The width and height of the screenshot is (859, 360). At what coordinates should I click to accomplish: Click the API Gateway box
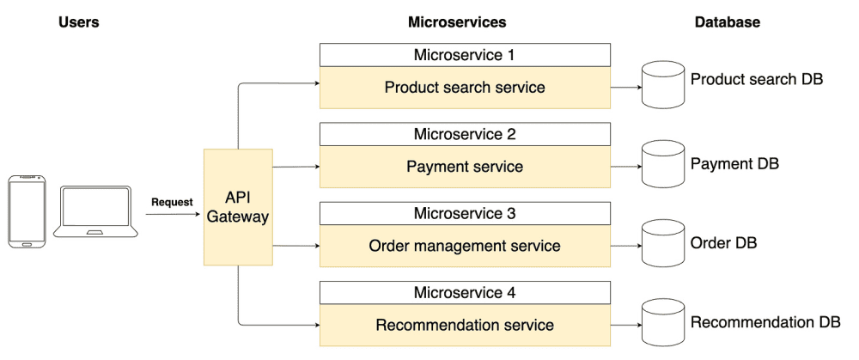point(238,207)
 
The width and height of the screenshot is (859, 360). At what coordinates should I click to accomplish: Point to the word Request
point(172,202)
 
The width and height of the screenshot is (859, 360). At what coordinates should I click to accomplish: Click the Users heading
point(79,22)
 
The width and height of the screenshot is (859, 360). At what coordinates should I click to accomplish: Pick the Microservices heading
point(457,22)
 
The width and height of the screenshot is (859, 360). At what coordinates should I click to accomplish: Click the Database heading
point(727,22)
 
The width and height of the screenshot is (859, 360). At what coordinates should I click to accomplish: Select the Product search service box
point(465,88)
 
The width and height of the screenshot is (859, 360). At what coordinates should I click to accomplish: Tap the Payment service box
point(465,167)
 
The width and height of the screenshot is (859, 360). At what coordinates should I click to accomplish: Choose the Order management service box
point(465,246)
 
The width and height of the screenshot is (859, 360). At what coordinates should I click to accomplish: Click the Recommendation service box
point(465,326)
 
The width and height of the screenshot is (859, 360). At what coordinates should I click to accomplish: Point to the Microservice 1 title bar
point(465,55)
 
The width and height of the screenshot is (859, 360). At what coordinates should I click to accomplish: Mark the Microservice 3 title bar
point(465,213)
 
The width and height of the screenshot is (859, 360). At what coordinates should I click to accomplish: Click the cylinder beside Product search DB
point(661,86)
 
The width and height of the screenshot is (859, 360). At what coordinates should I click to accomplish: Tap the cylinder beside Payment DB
point(661,165)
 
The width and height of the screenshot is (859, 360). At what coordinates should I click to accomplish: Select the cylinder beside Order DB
point(661,244)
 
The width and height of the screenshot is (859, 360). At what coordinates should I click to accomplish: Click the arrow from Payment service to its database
point(626,167)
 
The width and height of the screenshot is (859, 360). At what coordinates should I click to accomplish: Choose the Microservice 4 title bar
point(465,293)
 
